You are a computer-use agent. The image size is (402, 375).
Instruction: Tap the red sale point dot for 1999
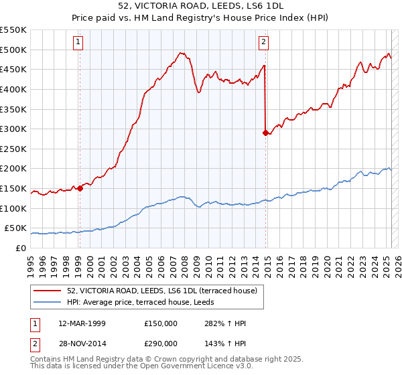pyautogui.click(x=80, y=188)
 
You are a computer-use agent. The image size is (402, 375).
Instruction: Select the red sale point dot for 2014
pyautogui.click(x=265, y=133)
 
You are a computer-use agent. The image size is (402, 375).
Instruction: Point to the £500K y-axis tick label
pyautogui.click(x=13, y=50)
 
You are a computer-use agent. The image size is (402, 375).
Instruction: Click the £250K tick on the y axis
pyautogui.click(x=13, y=149)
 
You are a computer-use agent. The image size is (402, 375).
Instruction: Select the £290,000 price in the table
pyautogui.click(x=161, y=343)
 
